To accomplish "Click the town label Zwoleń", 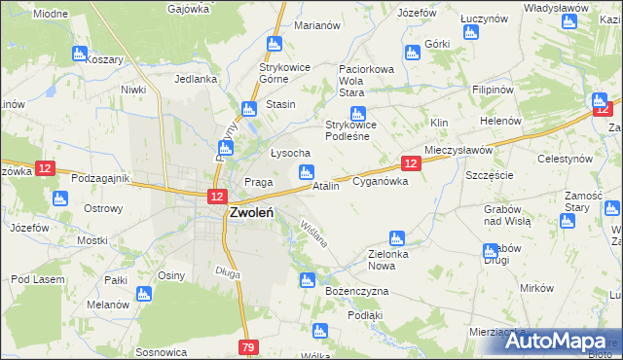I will coord(250,214).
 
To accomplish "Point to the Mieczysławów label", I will coord(458,151).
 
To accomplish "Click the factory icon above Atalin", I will coord(307,173).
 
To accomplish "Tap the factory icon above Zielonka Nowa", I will coord(396,238).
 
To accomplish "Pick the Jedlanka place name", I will coord(193,80).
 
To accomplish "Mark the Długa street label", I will coord(228,273).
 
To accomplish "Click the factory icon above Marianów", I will coord(275,44).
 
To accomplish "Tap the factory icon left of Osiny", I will coord(145,293).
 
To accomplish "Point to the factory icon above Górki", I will coord(470,32).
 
